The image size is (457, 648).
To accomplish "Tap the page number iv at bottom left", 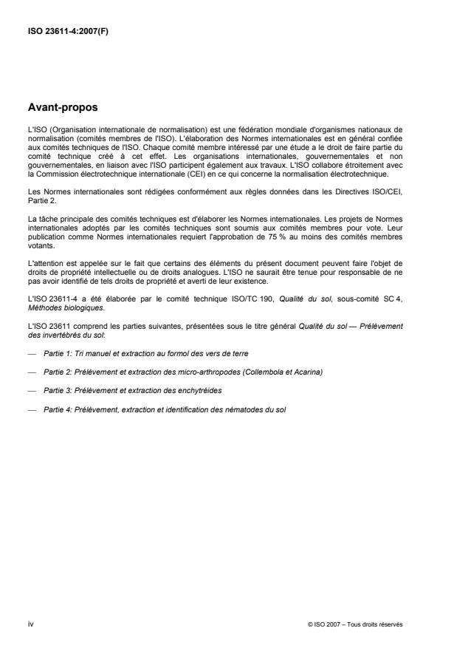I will [x=30, y=624].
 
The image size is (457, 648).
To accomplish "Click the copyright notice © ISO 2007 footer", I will [x=355, y=624].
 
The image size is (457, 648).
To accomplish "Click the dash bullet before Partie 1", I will [x=32, y=354].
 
